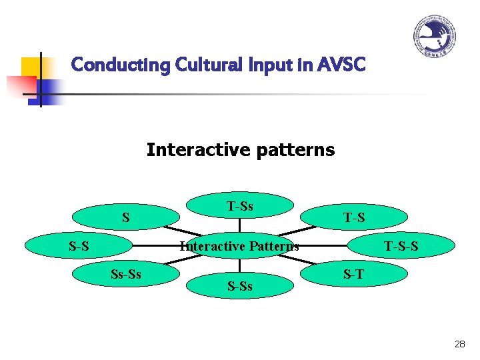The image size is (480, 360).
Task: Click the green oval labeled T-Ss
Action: (240, 206)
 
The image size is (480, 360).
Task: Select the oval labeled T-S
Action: (354, 217)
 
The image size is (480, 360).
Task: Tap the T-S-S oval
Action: (401, 246)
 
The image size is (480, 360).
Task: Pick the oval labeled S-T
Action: (354, 273)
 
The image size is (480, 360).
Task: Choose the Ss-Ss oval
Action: (125, 274)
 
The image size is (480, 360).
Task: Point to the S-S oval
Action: (79, 246)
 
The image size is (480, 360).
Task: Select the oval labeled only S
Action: (125, 217)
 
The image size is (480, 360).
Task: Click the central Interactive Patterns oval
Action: (240, 246)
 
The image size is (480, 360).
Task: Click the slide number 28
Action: (459, 344)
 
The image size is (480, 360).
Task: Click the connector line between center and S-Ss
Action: (240, 265)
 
